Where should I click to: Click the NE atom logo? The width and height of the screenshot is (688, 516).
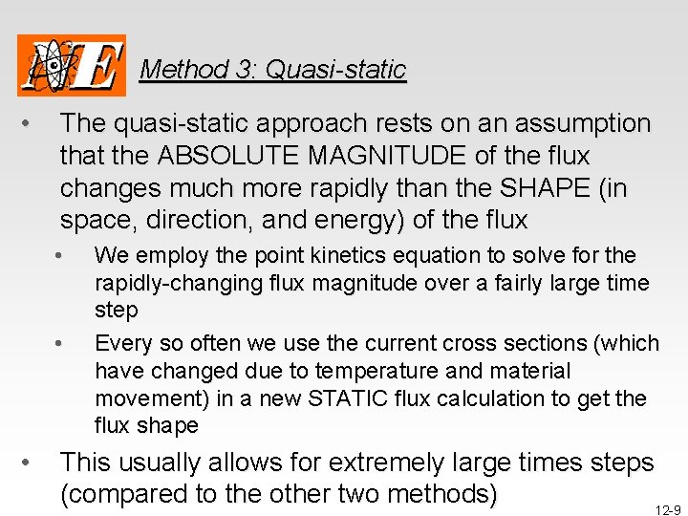72,65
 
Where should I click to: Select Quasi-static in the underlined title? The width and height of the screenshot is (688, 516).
335,70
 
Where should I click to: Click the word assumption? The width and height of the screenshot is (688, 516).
583,123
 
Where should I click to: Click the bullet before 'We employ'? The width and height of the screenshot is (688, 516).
59,255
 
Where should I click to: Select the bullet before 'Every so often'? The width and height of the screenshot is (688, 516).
59,343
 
